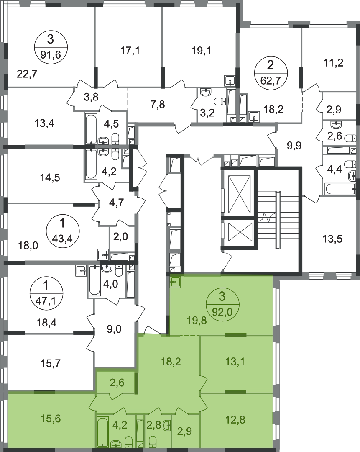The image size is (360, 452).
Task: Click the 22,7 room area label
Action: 27,74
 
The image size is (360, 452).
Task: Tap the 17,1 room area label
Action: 130,51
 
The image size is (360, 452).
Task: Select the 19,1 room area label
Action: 201,51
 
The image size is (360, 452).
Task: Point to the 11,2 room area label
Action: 333,62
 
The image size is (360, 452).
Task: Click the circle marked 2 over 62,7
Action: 271,73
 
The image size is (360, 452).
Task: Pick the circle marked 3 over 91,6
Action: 51,46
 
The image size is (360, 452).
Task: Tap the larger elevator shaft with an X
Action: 239,193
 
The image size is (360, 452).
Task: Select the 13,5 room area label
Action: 333,239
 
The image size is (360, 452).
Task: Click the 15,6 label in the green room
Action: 51,418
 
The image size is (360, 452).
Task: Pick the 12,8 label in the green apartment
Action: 235,419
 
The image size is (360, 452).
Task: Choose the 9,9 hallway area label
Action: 294,145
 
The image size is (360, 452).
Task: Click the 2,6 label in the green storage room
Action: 117,383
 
